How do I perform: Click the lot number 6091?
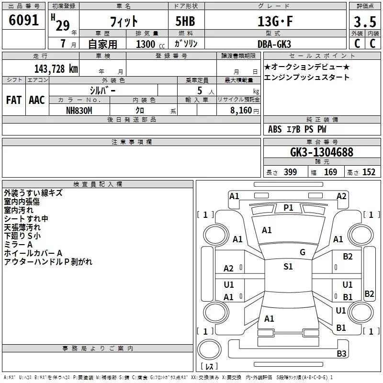click(23, 20)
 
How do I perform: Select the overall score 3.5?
click(365, 22)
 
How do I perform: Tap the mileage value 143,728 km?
click(56, 69)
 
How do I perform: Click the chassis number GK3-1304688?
click(322, 152)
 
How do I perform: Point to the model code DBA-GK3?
click(274, 44)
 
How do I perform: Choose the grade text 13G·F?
click(275, 22)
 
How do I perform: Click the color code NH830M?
click(79, 111)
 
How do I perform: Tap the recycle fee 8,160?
click(241, 111)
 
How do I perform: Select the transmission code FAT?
click(14, 100)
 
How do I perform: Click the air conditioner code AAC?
click(37, 100)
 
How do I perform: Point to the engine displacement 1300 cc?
click(150, 44)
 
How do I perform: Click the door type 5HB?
click(185, 21)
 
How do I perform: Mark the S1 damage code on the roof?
click(288, 267)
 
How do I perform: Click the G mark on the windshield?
click(303, 252)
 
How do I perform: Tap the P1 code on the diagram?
click(289, 208)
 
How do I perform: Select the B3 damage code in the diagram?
click(341, 353)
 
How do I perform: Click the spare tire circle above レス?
click(209, 349)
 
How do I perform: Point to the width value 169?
click(330, 172)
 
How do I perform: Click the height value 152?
click(369, 172)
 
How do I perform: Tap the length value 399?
click(291, 172)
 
